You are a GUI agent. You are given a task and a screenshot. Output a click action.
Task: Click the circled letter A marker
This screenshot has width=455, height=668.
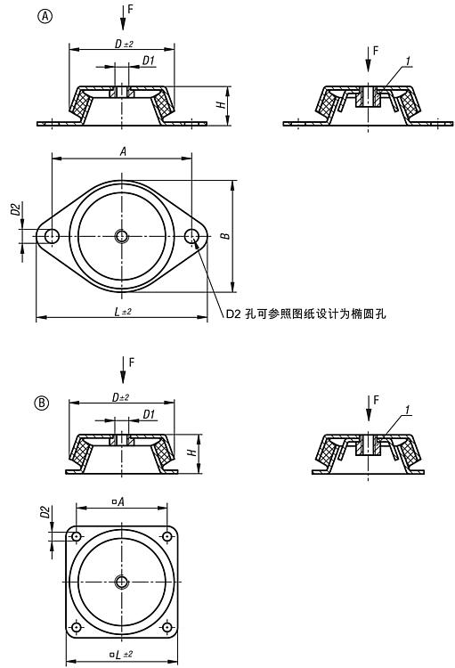click(x=45, y=16)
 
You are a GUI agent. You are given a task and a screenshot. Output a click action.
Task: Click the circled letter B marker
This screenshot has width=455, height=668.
click(x=41, y=403)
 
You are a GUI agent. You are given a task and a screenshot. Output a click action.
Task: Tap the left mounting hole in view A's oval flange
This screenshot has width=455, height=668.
click(x=52, y=236)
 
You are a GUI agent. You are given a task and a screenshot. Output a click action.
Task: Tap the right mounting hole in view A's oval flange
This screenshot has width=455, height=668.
click(x=192, y=236)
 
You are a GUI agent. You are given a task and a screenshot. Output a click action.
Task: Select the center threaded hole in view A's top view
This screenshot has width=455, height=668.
click(x=122, y=236)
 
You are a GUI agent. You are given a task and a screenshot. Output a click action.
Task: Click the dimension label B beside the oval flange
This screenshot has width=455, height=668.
click(x=226, y=236)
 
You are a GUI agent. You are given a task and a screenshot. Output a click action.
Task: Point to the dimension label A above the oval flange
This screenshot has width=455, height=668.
click(x=123, y=151)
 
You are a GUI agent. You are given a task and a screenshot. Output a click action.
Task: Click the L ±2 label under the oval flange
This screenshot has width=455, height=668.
click(x=123, y=312)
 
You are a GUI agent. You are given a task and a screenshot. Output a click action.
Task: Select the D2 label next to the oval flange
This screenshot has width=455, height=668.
click(x=16, y=209)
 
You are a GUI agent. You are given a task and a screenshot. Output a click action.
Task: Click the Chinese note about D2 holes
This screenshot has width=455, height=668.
click(x=305, y=314)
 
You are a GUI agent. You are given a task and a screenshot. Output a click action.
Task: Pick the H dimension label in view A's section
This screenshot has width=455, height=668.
click(x=221, y=104)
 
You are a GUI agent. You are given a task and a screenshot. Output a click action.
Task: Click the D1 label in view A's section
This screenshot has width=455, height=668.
click(x=148, y=61)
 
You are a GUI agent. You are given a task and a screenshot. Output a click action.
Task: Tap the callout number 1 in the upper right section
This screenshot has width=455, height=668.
click(x=408, y=61)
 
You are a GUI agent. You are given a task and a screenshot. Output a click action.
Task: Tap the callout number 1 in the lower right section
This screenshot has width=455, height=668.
click(x=407, y=410)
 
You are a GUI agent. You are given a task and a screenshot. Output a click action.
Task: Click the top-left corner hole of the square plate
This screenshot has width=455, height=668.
click(x=77, y=536)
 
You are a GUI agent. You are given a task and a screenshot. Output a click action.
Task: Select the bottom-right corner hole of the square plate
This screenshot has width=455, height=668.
click(x=167, y=627)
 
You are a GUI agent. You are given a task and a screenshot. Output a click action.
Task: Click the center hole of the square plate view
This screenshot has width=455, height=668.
click(x=122, y=582)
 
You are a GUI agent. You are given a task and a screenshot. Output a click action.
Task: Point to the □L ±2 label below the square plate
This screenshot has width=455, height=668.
click(x=121, y=655)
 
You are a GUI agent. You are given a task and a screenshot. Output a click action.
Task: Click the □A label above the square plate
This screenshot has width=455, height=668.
click(x=118, y=501)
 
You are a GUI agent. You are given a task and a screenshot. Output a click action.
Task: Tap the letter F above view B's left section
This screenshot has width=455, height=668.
click(x=132, y=363)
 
